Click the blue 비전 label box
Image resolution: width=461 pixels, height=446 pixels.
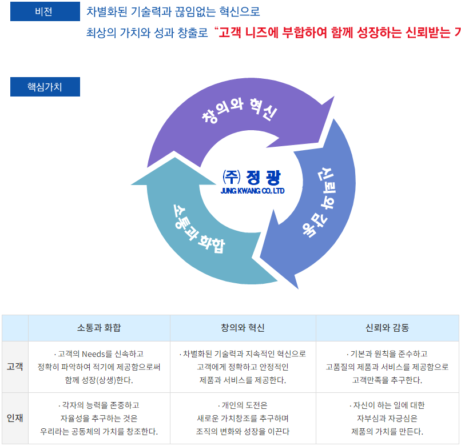pyautogui.click(x=45, y=11)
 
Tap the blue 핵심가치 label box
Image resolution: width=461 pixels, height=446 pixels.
pyautogui.click(x=45, y=87)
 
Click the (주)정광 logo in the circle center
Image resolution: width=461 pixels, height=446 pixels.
pyautogui.click(x=252, y=176)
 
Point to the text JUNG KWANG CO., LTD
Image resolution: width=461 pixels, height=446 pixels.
pyautogui.click(x=252, y=191)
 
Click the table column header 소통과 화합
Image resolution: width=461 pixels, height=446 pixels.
pyautogui.click(x=99, y=328)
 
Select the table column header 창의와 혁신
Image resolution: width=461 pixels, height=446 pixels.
pyautogui.click(x=243, y=328)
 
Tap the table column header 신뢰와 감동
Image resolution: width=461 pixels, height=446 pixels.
pyautogui.click(x=387, y=328)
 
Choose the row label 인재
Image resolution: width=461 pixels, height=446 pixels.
pyautogui.click(x=15, y=418)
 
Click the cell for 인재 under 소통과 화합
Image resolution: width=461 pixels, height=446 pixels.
pyautogui.click(x=99, y=418)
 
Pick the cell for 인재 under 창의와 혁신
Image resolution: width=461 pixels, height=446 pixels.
pyautogui.click(x=243, y=418)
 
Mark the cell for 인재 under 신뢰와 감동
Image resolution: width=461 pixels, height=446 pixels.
pyautogui.click(x=387, y=418)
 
